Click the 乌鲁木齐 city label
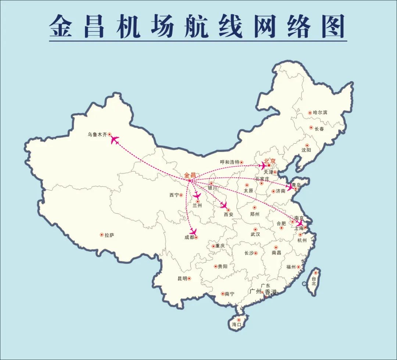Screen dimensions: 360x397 (97, 135)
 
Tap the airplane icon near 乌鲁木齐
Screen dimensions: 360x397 (115, 140)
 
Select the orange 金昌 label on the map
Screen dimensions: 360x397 (190, 175)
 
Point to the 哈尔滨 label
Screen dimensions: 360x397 (320, 113)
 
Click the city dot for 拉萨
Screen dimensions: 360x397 (102, 235)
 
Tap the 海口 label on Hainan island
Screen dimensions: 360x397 (236, 325)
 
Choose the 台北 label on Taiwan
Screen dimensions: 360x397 (314, 281)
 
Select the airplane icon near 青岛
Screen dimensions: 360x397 (290, 187)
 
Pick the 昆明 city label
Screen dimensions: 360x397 (182, 278)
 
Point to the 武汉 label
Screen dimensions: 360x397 (255, 234)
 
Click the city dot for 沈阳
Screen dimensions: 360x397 (307, 145)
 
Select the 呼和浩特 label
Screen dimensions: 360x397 (230, 162)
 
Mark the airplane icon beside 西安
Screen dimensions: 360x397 (223, 205)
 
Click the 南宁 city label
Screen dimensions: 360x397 (229, 294)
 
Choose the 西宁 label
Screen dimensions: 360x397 (174, 195)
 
